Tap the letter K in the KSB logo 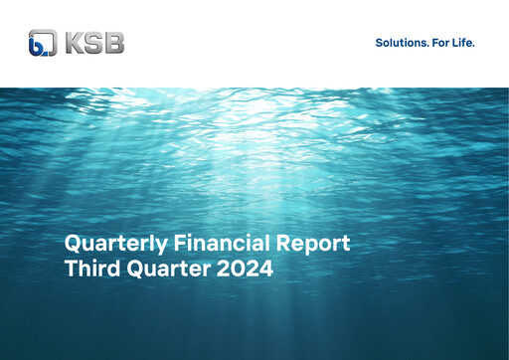click(75, 44)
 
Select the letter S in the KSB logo click(94, 44)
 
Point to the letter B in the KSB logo click(114, 44)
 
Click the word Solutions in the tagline click(400, 43)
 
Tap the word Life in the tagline click(464, 43)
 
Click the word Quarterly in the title click(107, 243)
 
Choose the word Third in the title click(89, 268)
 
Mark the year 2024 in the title click(248, 268)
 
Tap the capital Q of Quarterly click(73, 243)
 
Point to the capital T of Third click(71, 268)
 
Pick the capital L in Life click(456, 43)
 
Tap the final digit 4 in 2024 click(266, 268)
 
